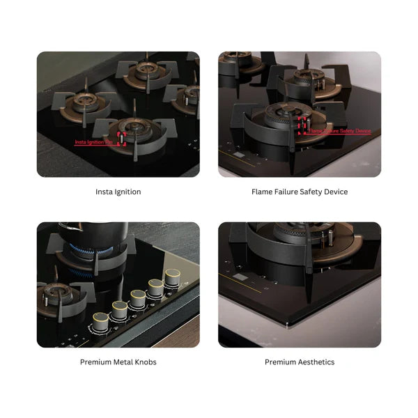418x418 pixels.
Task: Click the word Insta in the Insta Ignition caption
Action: point(104,192)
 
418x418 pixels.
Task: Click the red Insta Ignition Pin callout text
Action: point(94,142)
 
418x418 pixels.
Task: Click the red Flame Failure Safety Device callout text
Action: point(340,130)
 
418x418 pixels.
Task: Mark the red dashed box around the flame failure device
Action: point(302,124)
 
